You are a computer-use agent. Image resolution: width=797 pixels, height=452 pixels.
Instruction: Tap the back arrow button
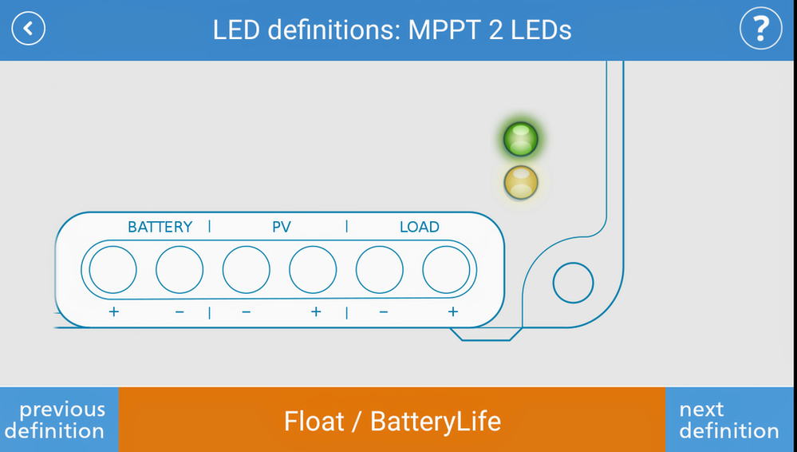point(29,29)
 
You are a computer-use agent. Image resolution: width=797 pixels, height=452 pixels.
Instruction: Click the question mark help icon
point(760,29)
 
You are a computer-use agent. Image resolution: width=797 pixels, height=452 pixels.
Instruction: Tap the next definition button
point(729,420)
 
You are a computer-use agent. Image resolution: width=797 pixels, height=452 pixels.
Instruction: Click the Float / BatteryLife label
point(392,421)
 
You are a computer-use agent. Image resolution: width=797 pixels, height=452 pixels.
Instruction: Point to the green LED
point(520,139)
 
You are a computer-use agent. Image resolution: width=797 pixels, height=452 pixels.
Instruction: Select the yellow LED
point(520,182)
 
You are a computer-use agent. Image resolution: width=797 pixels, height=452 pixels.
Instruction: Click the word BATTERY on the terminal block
point(160,227)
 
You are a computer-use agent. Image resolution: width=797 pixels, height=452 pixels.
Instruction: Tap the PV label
point(282,227)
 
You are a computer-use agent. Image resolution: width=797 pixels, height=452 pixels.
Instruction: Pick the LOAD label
point(420,227)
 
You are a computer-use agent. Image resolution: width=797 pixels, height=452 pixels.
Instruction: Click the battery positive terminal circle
point(112,270)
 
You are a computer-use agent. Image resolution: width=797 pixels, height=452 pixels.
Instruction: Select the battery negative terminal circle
point(180,270)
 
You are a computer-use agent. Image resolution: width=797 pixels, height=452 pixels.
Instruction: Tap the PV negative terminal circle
point(246,270)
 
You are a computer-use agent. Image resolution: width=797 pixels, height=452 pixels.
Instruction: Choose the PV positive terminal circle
point(313,270)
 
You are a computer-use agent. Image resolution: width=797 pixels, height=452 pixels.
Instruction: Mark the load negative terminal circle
point(379,270)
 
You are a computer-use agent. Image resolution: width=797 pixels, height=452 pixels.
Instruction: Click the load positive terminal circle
point(446,270)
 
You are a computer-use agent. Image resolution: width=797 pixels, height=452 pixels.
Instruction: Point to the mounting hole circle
point(573,283)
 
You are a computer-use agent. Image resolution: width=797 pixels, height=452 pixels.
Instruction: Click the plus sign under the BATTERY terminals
point(113,311)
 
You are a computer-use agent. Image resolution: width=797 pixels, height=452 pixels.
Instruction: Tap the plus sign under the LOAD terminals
point(452,311)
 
